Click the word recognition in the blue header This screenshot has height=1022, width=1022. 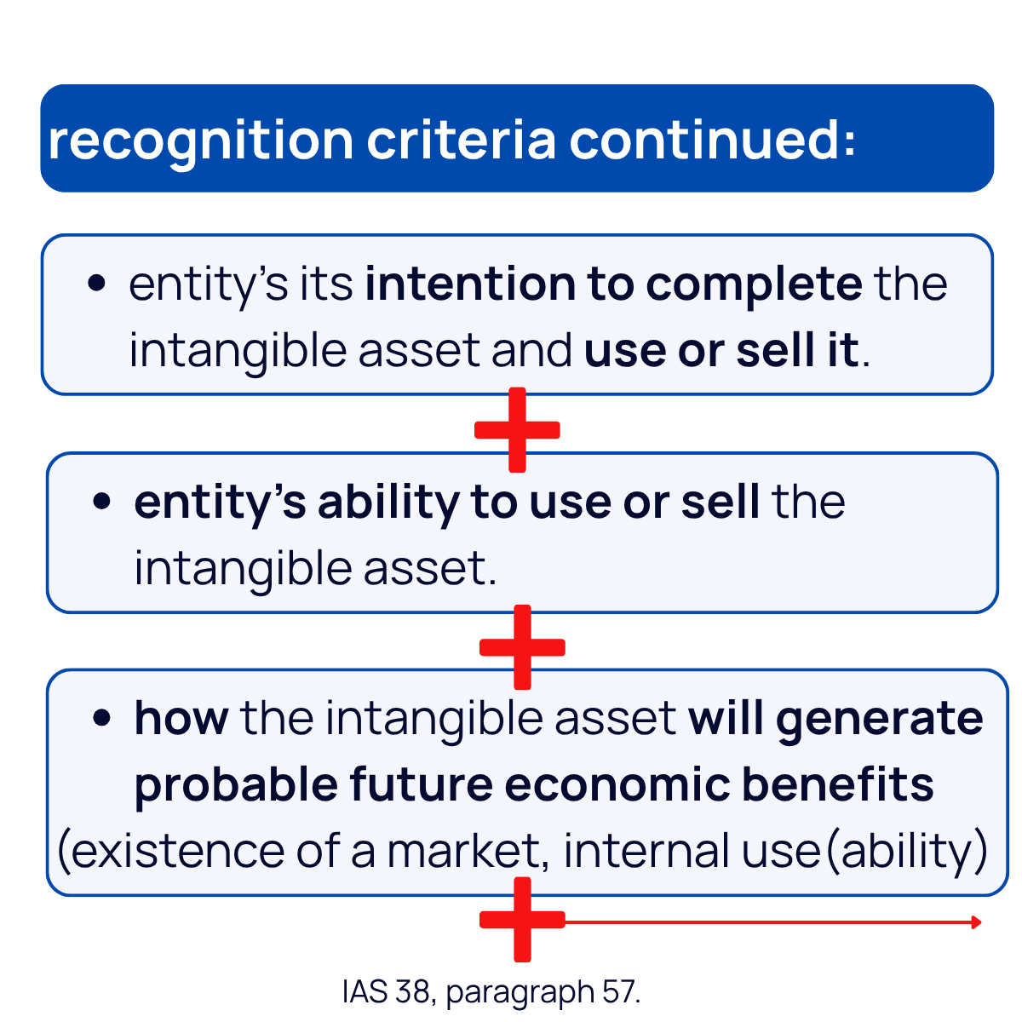(x=200, y=141)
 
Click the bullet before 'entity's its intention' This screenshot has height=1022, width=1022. (x=96, y=282)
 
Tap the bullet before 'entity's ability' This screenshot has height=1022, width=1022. (x=102, y=501)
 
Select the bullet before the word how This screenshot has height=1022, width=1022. (x=102, y=717)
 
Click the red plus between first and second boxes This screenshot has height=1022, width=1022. (x=517, y=430)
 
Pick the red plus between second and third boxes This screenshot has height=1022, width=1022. (x=522, y=647)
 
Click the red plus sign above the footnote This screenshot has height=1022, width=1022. (x=522, y=920)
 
